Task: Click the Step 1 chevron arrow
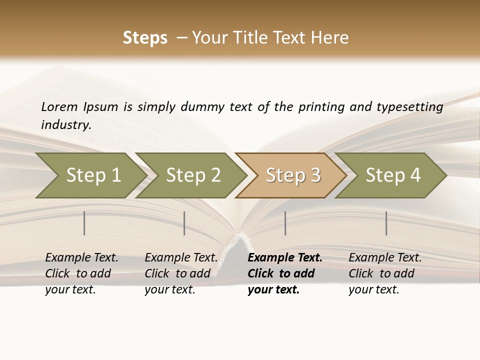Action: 93,175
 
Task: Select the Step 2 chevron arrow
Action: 193,175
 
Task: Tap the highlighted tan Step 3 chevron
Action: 293,175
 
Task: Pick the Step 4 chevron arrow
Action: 393,175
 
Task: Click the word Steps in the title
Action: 145,38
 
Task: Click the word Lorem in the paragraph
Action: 59,106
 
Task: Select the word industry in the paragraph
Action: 65,124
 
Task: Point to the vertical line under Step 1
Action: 84,223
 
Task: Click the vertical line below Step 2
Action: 184,223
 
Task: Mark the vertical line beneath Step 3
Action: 285,223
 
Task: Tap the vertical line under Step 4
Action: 386,223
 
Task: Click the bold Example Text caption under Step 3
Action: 285,273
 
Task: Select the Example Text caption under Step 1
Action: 81,273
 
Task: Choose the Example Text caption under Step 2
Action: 181,273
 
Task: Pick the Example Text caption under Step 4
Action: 385,273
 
